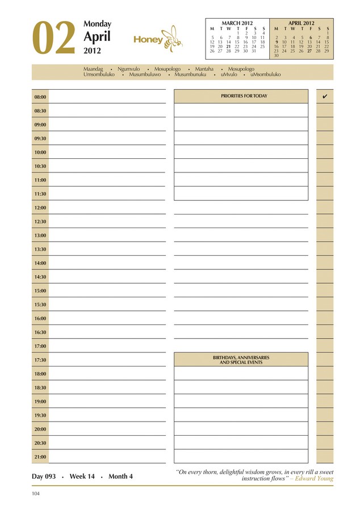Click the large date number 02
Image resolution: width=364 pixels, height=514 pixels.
tap(54, 39)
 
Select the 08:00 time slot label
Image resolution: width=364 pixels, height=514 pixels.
tap(40, 97)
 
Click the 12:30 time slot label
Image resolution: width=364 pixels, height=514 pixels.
tap(40, 222)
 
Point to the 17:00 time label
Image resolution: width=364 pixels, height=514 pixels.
tap(40, 346)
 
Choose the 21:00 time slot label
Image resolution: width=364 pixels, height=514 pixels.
tap(40, 457)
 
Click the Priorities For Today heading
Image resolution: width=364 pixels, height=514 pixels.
tap(244, 96)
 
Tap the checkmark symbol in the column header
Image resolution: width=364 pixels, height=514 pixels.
tap(325, 96)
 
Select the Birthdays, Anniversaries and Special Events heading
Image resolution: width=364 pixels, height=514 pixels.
tap(241, 360)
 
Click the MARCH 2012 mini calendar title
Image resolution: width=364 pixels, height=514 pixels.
tap(237, 23)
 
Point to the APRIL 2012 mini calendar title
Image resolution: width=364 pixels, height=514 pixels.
tap(301, 23)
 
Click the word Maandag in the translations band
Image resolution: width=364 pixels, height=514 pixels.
tap(93, 69)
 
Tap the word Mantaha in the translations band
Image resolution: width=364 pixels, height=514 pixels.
tap(204, 69)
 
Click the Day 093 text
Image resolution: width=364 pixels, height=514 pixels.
tap(44, 477)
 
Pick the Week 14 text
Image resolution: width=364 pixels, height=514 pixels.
tap(82, 477)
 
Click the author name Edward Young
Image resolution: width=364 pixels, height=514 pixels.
tap(316, 478)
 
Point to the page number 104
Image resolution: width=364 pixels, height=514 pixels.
tap(36, 494)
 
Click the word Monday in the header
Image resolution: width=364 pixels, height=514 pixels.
tap(97, 24)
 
